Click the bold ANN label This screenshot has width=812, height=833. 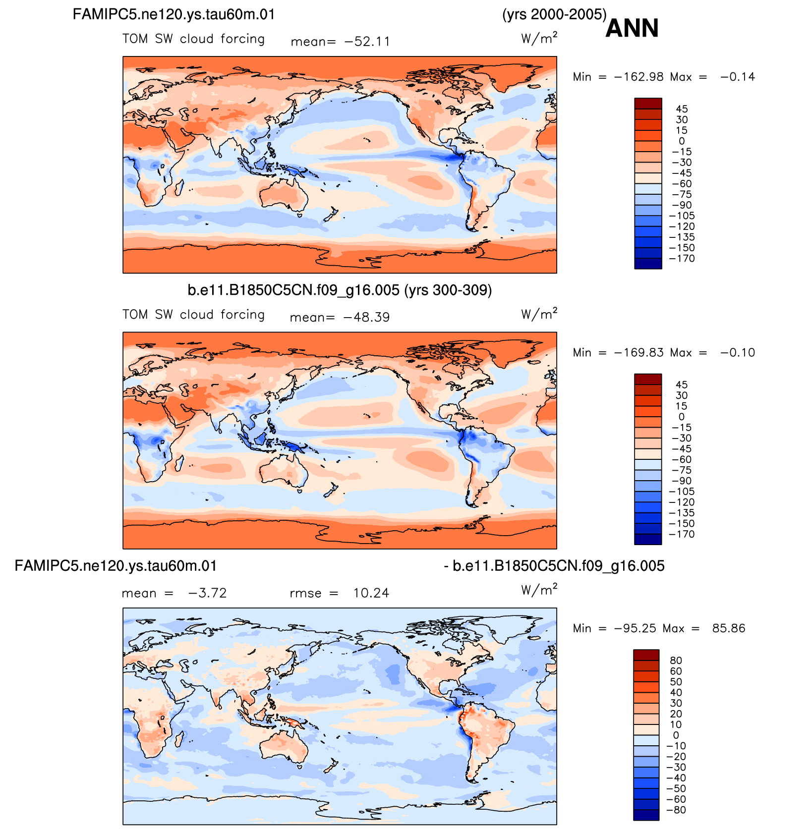pos(632,28)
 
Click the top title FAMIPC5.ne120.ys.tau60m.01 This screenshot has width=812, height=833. pos(174,14)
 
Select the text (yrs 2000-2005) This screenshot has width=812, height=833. pos(554,14)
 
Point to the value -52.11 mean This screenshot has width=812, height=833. pos(367,42)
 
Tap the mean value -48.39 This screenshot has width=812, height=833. pos(367,317)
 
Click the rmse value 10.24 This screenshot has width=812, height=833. pos(371,593)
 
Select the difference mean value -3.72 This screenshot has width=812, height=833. pos(207,593)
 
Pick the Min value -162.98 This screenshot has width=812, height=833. pos(639,77)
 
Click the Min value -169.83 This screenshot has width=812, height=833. pos(639,353)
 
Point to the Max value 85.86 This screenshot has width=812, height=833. pos(729,628)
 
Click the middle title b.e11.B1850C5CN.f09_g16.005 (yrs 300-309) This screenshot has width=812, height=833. pos(340,290)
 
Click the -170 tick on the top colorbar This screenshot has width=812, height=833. pos(682,259)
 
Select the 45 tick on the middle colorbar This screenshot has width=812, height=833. pos(682,385)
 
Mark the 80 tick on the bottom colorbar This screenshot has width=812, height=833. pos(676,661)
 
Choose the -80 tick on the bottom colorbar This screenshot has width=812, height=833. pos(676,810)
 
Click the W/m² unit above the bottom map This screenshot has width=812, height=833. pos(539,590)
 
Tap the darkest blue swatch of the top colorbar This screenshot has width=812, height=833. pos(648,264)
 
